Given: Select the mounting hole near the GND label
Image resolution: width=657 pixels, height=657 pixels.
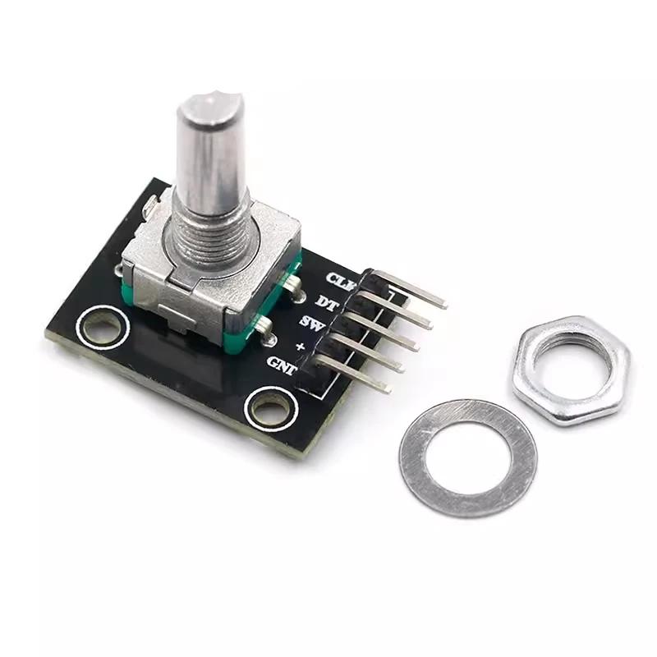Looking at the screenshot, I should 270,407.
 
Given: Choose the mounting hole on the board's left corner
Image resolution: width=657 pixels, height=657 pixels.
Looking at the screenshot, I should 102,328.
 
